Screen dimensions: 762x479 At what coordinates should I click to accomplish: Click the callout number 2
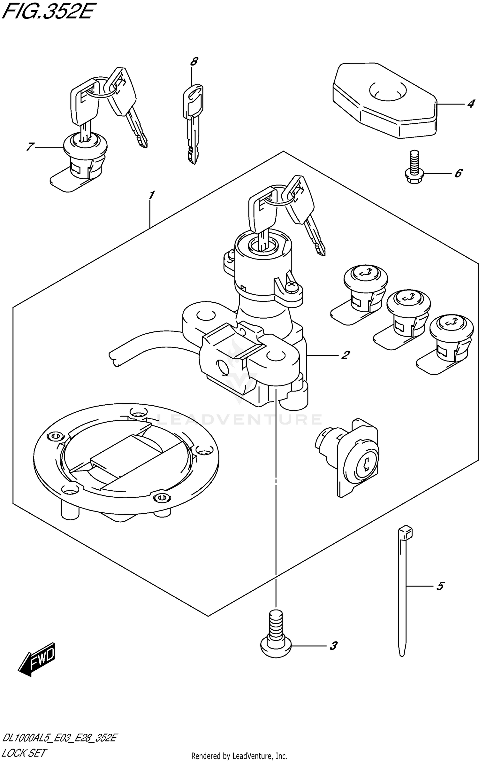tap(345, 355)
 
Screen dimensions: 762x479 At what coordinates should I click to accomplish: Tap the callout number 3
tap(333, 646)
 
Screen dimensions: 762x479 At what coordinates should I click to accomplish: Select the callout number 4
tap(470, 104)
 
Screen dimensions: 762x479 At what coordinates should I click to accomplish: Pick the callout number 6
tap(458, 173)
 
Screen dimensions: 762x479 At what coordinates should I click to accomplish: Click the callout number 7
tap(30, 147)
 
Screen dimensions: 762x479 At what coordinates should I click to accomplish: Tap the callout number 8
tap(194, 61)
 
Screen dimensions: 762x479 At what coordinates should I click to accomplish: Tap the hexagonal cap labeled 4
tap(383, 102)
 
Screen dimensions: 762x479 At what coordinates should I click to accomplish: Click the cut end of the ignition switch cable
tap(114, 358)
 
